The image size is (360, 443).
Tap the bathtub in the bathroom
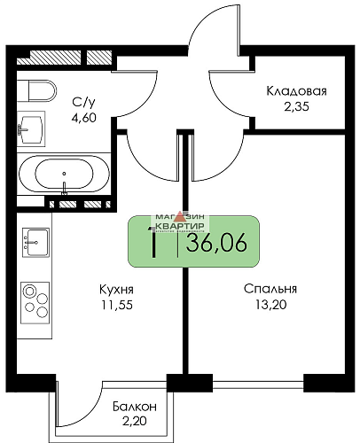click(x=64, y=173)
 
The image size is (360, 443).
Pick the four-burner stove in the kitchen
click(x=35, y=299)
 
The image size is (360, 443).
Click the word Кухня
click(x=115, y=290)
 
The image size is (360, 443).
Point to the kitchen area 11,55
click(x=115, y=306)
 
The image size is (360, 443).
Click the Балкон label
click(x=135, y=406)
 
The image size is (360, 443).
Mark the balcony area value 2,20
click(x=135, y=422)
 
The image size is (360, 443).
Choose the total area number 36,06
click(x=214, y=241)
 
